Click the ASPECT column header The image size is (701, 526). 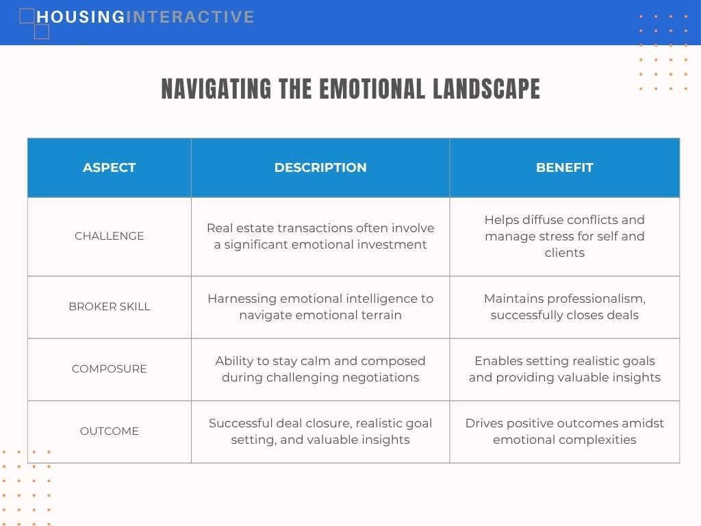pyautogui.click(x=109, y=167)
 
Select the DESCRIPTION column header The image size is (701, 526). pyautogui.click(x=320, y=167)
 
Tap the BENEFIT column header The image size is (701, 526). pyautogui.click(x=565, y=167)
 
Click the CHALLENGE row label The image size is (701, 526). pyautogui.click(x=109, y=236)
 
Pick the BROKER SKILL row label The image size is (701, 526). pyautogui.click(x=109, y=306)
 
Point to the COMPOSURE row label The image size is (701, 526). pyautogui.click(x=109, y=368)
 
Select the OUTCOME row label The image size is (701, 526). pyautogui.click(x=109, y=431)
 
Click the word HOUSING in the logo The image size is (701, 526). pyautogui.click(x=81, y=17)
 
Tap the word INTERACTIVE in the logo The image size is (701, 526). pyautogui.click(x=190, y=17)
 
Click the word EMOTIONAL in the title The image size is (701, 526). pyautogui.click(x=372, y=88)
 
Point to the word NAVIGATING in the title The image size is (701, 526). pyautogui.click(x=216, y=88)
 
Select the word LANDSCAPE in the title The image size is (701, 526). pyautogui.click(x=487, y=88)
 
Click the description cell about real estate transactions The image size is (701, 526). pyautogui.click(x=320, y=236)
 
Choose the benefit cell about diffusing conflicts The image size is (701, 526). pyautogui.click(x=565, y=236)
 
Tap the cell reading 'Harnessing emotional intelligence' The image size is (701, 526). pyautogui.click(x=320, y=307)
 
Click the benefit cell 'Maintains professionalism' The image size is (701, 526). pyautogui.click(x=565, y=307)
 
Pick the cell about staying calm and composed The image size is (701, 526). pyautogui.click(x=320, y=369)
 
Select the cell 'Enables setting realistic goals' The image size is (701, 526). pyautogui.click(x=565, y=369)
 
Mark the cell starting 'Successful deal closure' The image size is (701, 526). pyautogui.click(x=320, y=431)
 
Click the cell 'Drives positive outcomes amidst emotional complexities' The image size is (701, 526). pyautogui.click(x=565, y=431)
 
